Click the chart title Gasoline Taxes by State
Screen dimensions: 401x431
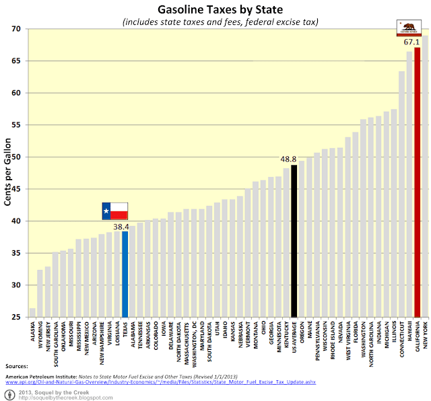215,9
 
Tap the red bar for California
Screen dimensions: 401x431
417,182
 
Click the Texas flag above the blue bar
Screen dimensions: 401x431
114,211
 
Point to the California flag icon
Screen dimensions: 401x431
409,28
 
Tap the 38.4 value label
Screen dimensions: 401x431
121,227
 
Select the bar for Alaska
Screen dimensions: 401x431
32,312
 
